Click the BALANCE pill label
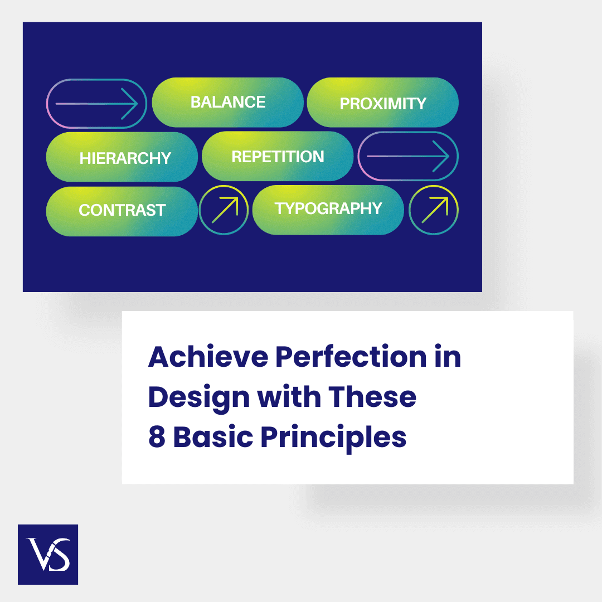(227, 102)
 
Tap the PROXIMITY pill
(382, 103)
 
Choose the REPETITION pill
(278, 157)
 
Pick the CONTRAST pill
(122, 211)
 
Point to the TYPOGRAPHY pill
(328, 209)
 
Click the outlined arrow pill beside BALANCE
(96, 104)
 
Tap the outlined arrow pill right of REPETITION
(408, 157)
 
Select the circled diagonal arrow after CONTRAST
(224, 210)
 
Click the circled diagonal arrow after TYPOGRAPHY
(434, 209)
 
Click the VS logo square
(48, 554)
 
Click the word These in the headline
(372, 397)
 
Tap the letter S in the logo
(59, 555)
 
